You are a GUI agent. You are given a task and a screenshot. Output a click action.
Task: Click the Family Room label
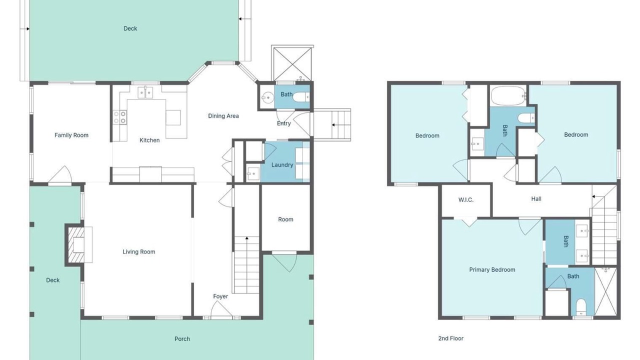click(x=71, y=135)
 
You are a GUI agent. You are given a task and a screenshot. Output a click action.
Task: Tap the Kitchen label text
click(x=149, y=140)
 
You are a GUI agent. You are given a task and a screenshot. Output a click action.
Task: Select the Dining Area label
click(x=223, y=116)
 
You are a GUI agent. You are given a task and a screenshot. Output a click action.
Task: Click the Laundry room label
click(x=282, y=165)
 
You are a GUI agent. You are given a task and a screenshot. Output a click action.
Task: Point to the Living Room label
click(x=139, y=251)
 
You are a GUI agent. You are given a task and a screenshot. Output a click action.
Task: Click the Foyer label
click(x=220, y=296)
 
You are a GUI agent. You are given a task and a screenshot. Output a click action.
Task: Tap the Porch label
click(x=182, y=339)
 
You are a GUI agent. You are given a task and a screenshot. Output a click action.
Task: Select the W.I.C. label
click(x=466, y=200)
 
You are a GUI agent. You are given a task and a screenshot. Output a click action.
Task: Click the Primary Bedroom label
click(x=492, y=269)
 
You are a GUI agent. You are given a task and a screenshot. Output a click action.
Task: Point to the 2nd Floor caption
click(x=451, y=338)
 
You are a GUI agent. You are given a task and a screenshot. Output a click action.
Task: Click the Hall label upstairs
click(x=536, y=199)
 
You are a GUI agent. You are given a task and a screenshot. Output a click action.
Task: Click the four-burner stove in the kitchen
click(x=119, y=117)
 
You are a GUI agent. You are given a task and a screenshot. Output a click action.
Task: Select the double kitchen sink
click(x=145, y=92)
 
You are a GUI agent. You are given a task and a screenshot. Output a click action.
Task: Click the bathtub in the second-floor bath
click(x=508, y=96)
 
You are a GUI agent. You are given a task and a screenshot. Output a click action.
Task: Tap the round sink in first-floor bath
click(x=267, y=98)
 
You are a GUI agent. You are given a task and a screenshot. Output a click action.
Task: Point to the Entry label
click(x=283, y=123)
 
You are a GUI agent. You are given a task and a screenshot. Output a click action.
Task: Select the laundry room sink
click(x=253, y=173)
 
